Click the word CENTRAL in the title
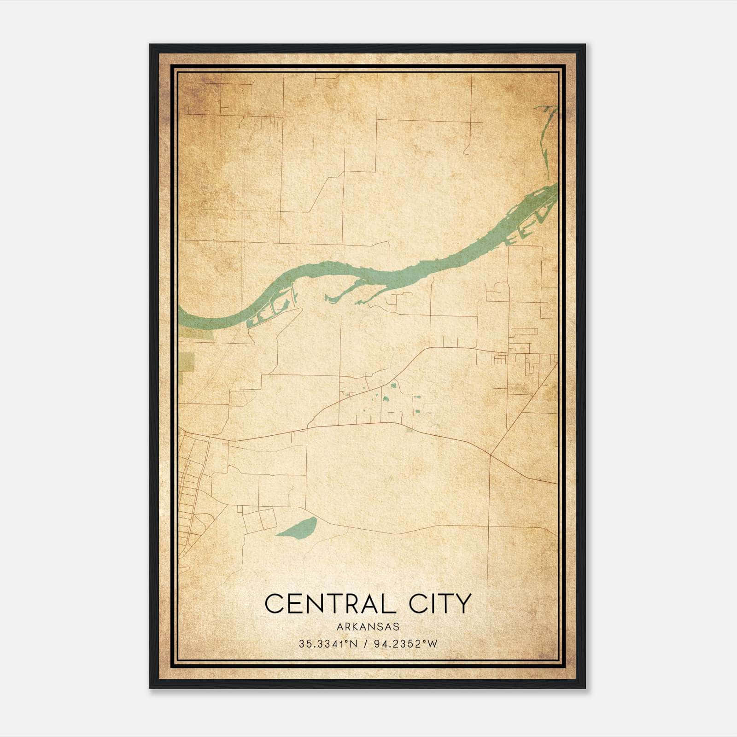click(x=330, y=603)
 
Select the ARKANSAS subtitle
click(x=368, y=627)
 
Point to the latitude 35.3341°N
click(x=328, y=644)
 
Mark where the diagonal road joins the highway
click(x=490, y=456)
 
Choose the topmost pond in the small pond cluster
click(x=393, y=386)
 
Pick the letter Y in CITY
click(x=463, y=603)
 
